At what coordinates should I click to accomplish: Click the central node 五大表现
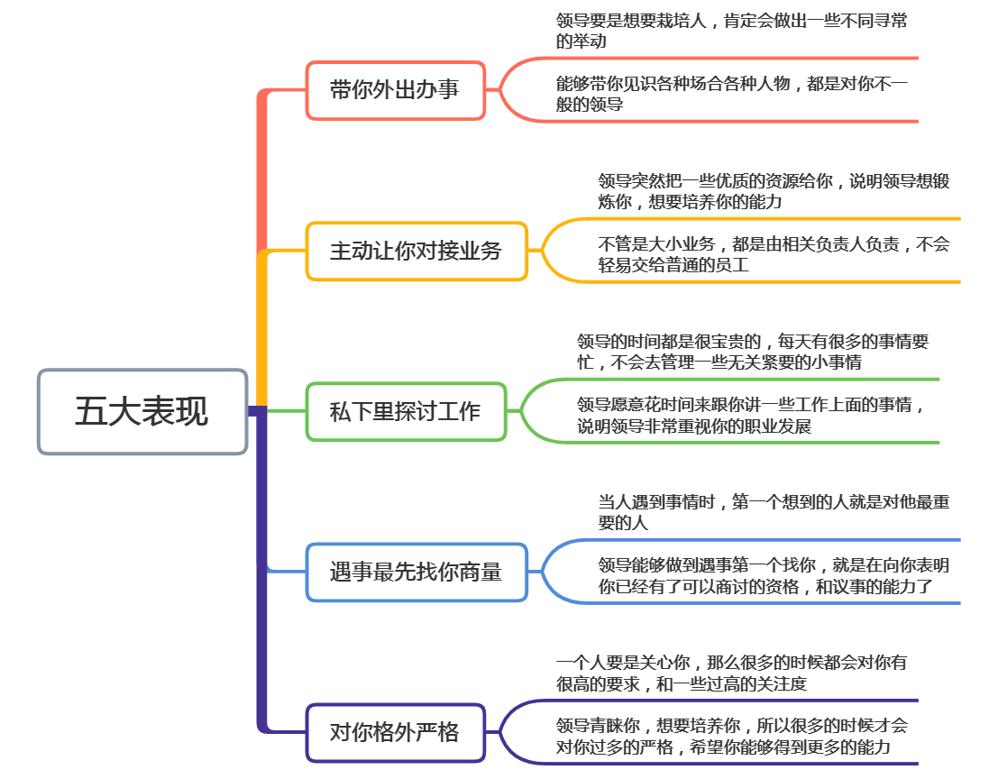pos(142,411)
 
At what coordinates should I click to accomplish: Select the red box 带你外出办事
pos(395,90)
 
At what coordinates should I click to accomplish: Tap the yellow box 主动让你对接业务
pos(416,251)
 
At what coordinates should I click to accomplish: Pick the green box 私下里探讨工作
pos(405,412)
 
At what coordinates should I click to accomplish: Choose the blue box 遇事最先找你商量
pos(416,572)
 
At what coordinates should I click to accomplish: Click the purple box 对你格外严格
pos(395,732)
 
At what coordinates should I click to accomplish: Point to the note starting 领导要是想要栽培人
pos(731,31)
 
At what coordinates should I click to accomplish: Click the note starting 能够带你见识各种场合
pos(731,94)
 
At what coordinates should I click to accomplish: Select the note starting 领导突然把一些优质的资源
pos(774,191)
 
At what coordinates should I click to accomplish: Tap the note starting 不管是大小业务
pos(774,254)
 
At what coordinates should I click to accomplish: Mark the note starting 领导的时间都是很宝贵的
pos(753,352)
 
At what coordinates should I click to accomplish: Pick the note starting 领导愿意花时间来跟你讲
pos(753,415)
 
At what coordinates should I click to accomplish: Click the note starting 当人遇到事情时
pos(774,512)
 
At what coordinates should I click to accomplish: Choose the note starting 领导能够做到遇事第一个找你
pos(774,575)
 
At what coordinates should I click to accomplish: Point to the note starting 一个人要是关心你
pos(731,673)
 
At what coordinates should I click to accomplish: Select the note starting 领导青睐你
pos(731,736)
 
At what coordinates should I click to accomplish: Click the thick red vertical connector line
pos(262,171)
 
